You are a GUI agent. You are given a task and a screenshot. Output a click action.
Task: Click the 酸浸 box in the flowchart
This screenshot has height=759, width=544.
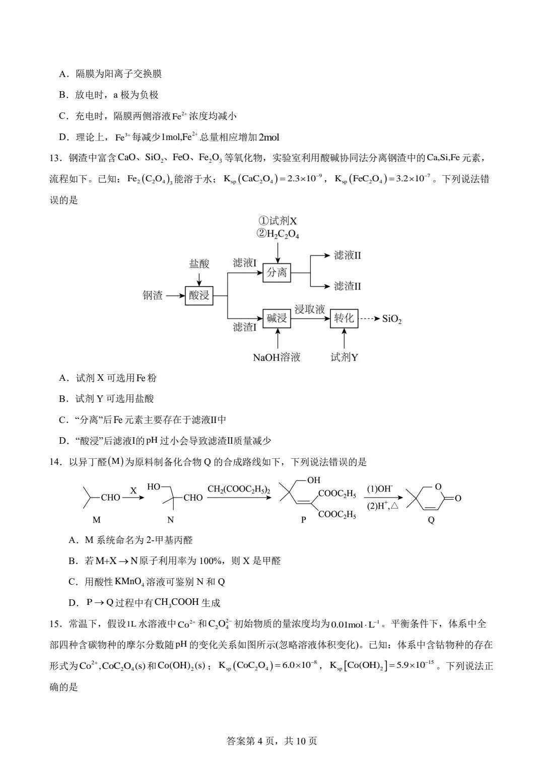tap(199, 295)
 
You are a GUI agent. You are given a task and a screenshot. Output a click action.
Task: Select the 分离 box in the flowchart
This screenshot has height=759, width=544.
tap(277, 272)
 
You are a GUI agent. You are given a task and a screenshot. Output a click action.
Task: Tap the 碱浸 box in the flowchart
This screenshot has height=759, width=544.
tap(277, 318)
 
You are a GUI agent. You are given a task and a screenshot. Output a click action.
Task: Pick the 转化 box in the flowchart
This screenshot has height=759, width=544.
tap(344, 318)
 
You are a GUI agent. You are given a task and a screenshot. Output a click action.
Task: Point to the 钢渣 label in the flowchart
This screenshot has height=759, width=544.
tap(153, 296)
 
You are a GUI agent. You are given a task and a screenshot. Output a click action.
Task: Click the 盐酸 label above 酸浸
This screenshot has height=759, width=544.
tap(199, 264)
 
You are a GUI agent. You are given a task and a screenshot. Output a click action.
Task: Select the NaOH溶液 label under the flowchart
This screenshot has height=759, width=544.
tap(277, 358)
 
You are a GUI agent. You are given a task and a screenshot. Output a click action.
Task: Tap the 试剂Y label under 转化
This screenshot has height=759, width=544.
tap(345, 358)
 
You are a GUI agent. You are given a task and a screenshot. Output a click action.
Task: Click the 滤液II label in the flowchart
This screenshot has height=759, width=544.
tap(348, 255)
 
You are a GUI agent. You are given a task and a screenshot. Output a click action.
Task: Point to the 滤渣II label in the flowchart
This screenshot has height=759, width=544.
tap(348, 287)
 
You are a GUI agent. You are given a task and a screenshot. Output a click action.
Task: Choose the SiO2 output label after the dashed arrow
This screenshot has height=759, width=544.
tap(392, 319)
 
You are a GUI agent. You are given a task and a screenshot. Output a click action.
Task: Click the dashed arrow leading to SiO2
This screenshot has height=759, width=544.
tap(370, 318)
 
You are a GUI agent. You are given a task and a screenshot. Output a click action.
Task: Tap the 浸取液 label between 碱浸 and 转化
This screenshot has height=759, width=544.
tap(310, 309)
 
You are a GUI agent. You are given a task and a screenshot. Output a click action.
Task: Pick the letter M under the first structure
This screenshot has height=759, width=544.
tap(97, 520)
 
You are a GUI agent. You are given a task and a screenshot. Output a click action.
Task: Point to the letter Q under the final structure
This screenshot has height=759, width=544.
tap(431, 520)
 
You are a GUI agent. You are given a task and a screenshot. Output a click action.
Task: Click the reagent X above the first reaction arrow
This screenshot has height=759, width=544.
tap(133, 490)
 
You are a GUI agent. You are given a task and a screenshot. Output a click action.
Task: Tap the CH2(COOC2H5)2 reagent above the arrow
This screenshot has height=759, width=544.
tap(239, 489)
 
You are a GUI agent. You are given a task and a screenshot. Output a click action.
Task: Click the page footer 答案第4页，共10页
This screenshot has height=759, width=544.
tap(272, 741)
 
